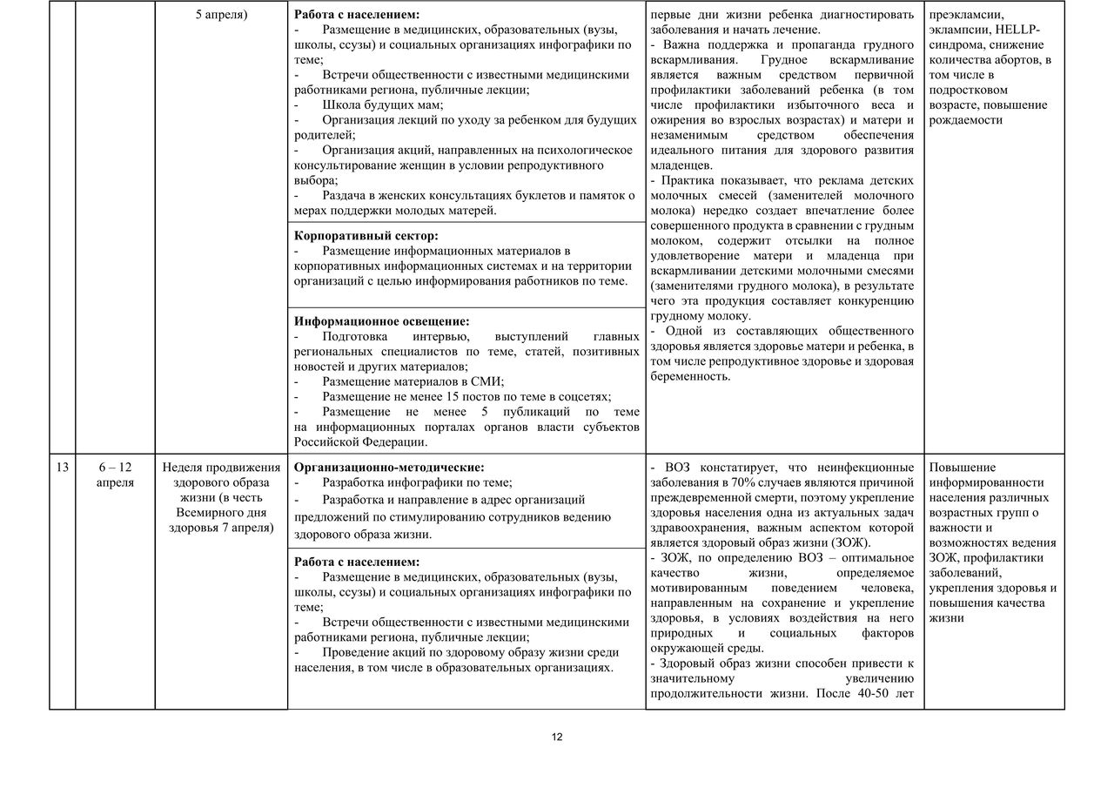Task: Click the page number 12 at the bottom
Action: click(557, 737)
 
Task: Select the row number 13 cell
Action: click(62, 468)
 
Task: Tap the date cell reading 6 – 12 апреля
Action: click(116, 475)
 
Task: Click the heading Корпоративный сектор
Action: click(366, 236)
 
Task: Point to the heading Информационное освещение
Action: click(382, 320)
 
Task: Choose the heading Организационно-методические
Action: click(389, 468)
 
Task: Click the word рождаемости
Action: click(966, 120)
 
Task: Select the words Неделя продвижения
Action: click(221, 468)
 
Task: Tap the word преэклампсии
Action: click(966, 15)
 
